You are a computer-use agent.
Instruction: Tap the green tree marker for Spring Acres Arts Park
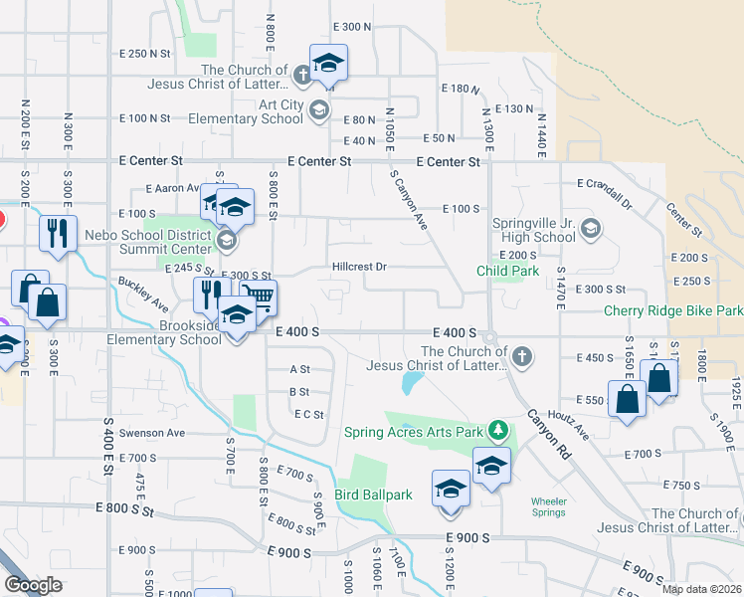(x=500, y=432)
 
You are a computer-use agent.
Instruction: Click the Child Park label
(x=507, y=270)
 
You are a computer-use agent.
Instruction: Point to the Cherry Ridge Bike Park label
(x=673, y=310)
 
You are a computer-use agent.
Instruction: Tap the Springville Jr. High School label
(x=534, y=230)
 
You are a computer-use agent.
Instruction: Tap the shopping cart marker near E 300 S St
(x=258, y=297)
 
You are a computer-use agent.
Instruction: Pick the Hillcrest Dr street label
(x=358, y=267)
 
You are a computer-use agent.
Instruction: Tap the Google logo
(x=32, y=585)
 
